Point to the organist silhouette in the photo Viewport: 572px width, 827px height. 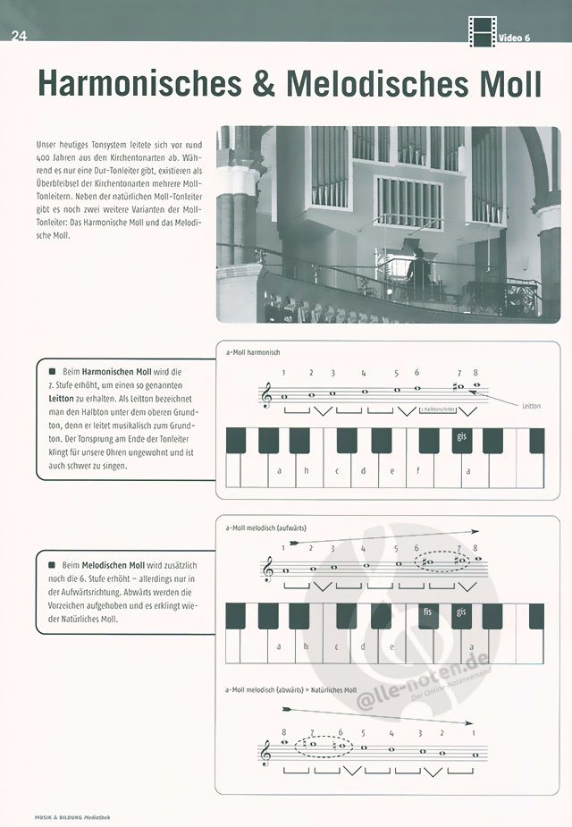click(418, 272)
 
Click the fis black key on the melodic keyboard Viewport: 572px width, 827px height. click(429, 615)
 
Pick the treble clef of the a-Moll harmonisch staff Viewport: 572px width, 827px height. click(265, 393)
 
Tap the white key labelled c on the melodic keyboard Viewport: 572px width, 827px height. click(337, 645)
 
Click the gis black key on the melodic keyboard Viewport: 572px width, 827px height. click(462, 615)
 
